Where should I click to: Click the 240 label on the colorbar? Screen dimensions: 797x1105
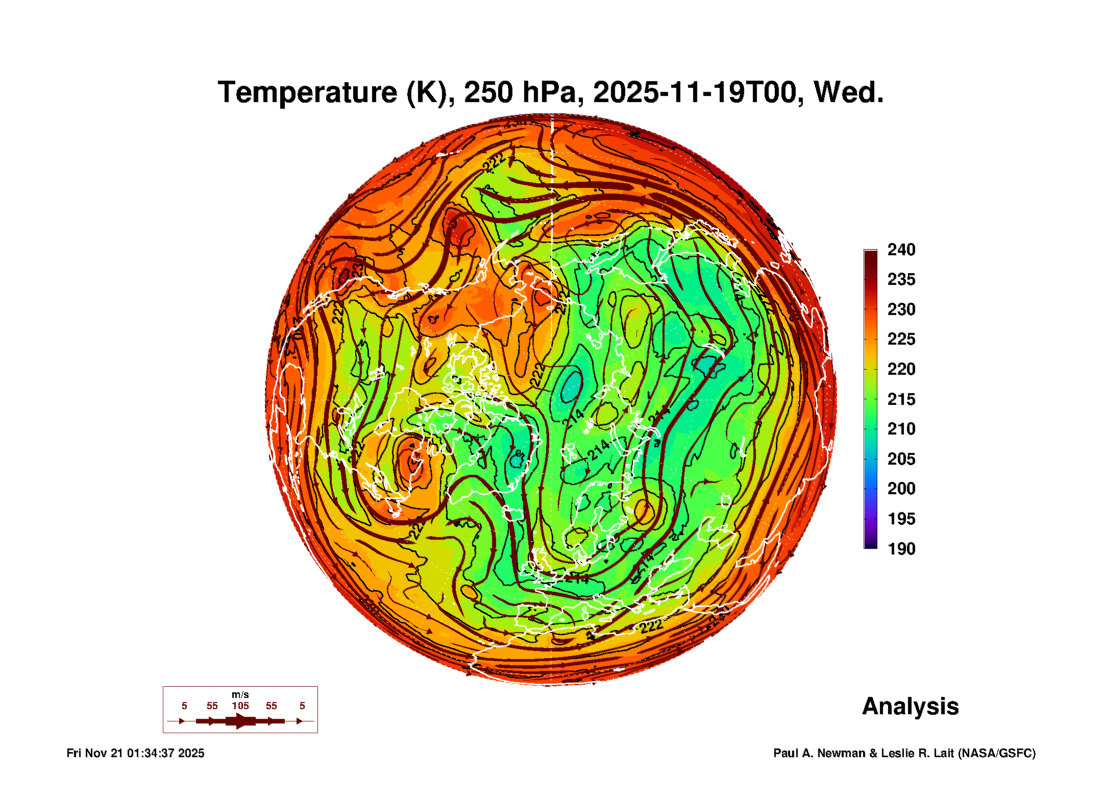click(x=901, y=250)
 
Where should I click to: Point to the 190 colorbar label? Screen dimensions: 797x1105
click(x=901, y=549)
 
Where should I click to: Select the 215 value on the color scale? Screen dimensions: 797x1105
click(x=901, y=399)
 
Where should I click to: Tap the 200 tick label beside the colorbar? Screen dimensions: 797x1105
click(x=901, y=489)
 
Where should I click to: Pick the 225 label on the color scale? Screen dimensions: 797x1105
click(x=901, y=339)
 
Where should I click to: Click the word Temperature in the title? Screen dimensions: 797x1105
click(x=307, y=92)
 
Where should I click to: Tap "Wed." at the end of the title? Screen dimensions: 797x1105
click(x=848, y=92)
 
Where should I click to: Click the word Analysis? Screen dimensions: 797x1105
click(x=910, y=707)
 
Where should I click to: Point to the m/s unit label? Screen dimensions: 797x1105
click(x=240, y=695)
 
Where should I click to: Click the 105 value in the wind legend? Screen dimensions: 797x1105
click(x=240, y=706)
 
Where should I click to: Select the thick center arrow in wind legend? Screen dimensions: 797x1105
click(x=240, y=721)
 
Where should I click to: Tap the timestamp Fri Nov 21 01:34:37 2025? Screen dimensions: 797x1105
click(x=135, y=754)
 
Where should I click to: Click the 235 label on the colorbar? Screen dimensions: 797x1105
click(x=901, y=279)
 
